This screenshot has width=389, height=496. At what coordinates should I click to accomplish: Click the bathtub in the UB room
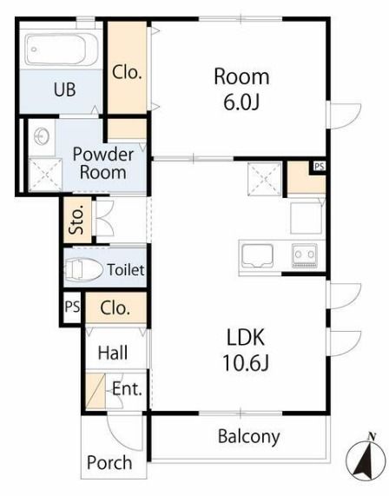62,50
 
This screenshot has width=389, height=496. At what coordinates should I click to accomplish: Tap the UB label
65,89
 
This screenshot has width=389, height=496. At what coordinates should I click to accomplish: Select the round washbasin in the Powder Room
42,136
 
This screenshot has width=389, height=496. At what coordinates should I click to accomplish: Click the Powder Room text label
102,163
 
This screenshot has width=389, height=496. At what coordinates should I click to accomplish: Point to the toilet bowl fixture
83,269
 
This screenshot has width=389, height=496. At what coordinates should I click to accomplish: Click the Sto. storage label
77,219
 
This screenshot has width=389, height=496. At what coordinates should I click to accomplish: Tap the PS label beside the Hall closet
72,307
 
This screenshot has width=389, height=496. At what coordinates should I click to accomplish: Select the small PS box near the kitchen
320,166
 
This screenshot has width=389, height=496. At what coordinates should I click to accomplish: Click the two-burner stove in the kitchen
304,255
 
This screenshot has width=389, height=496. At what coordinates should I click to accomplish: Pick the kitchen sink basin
257,256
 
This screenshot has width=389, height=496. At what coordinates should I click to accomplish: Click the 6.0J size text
241,102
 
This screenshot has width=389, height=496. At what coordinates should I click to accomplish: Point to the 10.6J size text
246,362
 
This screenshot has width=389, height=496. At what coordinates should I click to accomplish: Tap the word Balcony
249,437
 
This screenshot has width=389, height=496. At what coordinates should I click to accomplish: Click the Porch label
109,462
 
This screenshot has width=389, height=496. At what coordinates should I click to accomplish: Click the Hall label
113,353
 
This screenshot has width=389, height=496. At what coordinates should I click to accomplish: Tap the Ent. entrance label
127,389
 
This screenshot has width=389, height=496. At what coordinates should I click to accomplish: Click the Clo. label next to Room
127,72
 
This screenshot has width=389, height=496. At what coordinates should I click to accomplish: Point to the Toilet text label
126,270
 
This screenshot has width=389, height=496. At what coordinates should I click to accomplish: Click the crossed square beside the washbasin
45,175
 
